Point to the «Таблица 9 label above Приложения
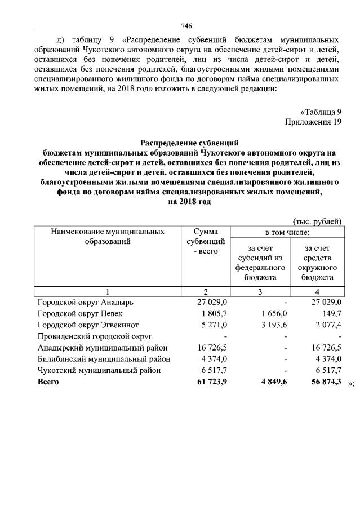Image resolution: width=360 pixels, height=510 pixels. pos(321,112)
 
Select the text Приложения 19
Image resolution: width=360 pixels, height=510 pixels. pos(313,122)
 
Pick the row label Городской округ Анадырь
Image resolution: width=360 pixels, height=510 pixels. pos(85,302)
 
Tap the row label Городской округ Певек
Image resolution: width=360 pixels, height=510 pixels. pos(79,313)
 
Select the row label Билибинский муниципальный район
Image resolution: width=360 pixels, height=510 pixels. pos(104,359)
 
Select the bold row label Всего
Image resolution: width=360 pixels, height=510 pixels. pos(48,382)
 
